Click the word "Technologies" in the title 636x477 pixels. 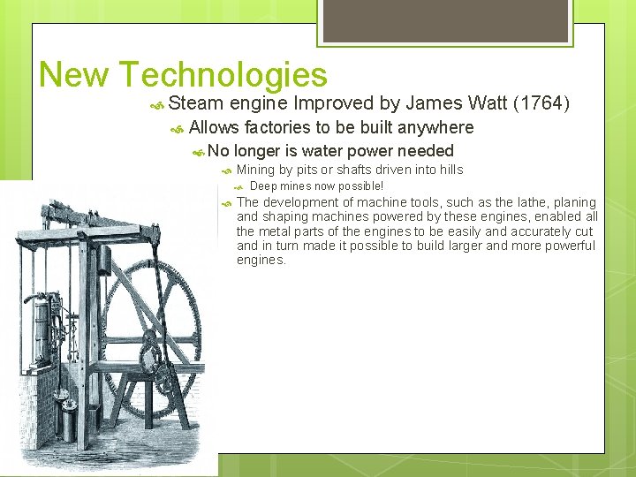coord(222,76)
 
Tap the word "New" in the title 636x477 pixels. coord(73,75)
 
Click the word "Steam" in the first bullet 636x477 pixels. coord(195,103)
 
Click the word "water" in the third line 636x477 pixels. coord(327,151)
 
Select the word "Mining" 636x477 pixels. coord(256,170)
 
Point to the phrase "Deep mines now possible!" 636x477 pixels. coord(316,186)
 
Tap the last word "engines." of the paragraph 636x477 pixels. coord(261,260)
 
